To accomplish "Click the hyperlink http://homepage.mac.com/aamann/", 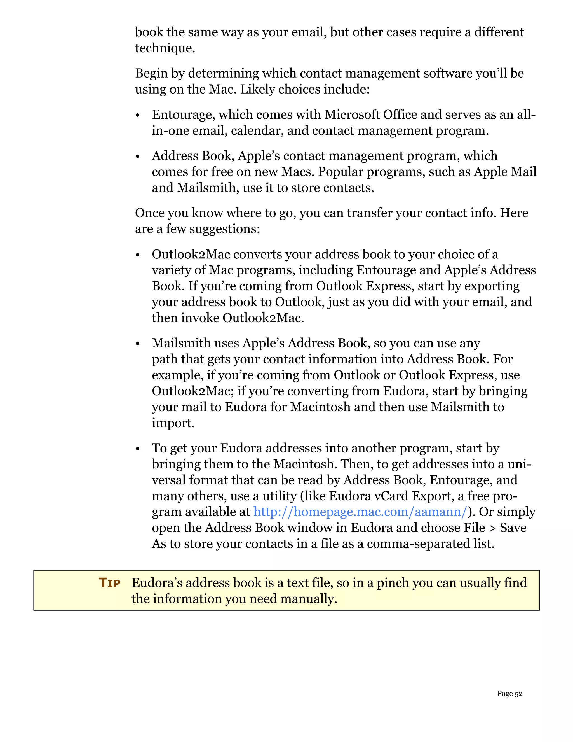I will tap(360, 512).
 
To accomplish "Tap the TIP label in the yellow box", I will tap(109, 583).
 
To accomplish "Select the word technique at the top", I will tap(164, 48).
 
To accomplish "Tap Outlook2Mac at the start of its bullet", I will tap(191, 255).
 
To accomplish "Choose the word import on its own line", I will tap(173, 423).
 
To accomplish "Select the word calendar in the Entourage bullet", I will tap(257, 131).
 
